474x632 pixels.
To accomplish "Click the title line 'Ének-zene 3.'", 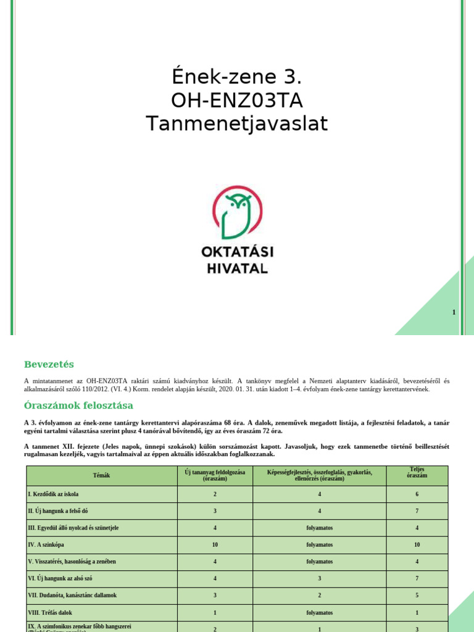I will pos(237,78).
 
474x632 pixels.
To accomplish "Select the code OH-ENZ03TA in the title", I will pos(237,101).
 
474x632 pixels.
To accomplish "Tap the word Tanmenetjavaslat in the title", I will pos(237,124).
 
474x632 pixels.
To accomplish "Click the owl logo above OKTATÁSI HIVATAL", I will pos(237,213).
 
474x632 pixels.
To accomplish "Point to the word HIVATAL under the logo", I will pos(237,268).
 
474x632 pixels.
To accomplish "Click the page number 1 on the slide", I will pos(454,312).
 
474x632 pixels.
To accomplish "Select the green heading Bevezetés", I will pos(49,364).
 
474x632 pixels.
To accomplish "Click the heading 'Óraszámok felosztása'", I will pos(78,405).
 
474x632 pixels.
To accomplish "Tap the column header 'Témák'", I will pos(101,475).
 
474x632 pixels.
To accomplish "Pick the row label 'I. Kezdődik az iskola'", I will pos(54,494).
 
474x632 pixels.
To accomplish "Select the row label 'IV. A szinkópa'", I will pos(48,545).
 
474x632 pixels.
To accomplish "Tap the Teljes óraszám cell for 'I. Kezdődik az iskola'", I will pos(417,494).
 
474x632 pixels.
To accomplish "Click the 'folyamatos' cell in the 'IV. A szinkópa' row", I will pos(320,545).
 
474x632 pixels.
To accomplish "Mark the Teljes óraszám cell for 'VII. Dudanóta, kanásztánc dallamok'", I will pos(417,596).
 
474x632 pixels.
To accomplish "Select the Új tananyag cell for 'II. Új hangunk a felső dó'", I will pos(215,511).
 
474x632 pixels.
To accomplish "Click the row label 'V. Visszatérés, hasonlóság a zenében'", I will pos(72,562).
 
